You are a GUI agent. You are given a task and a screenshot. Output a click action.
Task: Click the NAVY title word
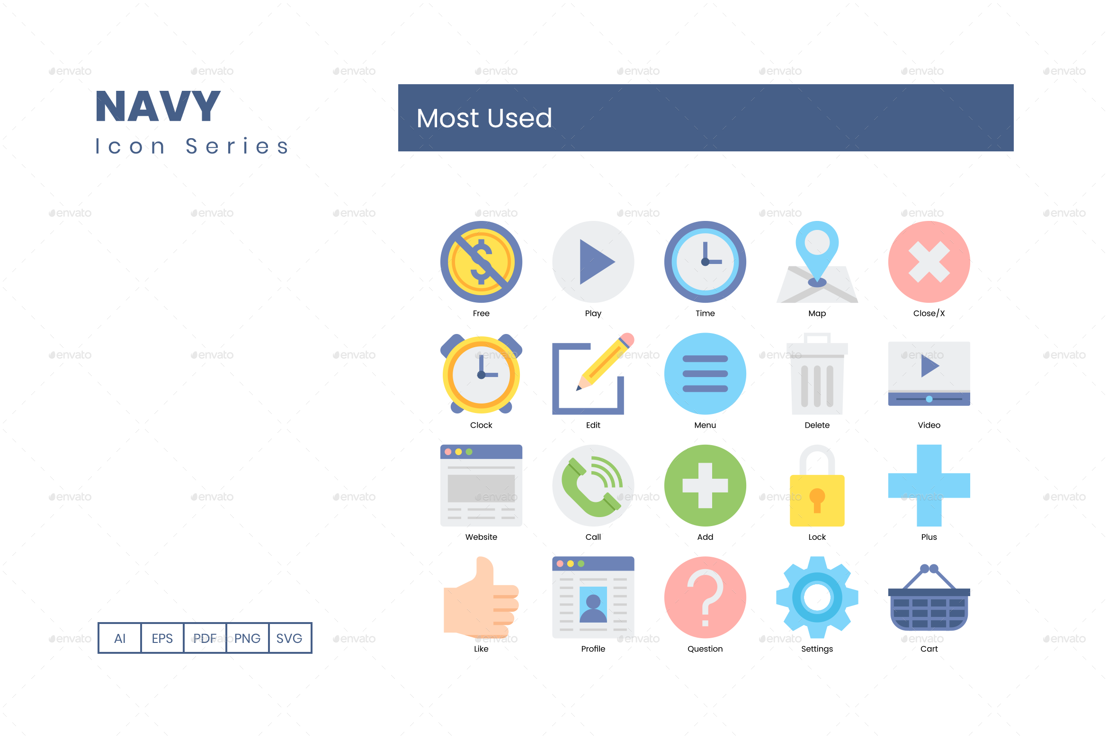(x=158, y=106)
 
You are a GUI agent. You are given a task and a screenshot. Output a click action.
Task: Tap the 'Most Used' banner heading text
(x=484, y=118)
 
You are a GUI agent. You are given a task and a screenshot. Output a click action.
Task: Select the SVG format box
(x=289, y=638)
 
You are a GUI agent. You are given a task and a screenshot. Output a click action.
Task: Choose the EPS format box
(x=162, y=638)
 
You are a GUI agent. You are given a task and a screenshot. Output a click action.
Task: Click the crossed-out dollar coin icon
(x=481, y=262)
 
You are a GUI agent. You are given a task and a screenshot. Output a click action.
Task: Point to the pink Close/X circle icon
(x=929, y=262)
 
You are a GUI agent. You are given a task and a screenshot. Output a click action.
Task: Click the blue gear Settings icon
(x=817, y=597)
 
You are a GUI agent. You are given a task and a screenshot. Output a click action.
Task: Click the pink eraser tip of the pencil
(x=627, y=340)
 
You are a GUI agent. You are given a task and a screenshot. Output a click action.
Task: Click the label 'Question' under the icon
(x=705, y=649)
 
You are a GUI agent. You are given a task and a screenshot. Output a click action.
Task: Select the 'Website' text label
(x=481, y=537)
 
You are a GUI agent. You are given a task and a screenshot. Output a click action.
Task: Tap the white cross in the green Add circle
(x=705, y=485)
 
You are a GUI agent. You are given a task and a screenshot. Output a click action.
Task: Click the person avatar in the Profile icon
(x=593, y=606)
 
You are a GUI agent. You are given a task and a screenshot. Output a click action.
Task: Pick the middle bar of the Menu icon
(x=705, y=374)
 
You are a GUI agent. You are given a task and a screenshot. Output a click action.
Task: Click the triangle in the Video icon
(x=929, y=366)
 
